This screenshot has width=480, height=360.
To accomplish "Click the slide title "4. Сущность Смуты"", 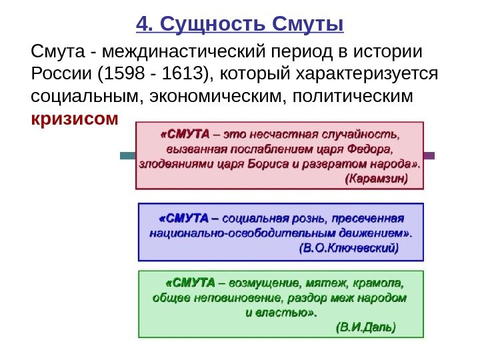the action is [240, 25].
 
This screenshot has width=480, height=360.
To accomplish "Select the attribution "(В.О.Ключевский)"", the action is [349, 249].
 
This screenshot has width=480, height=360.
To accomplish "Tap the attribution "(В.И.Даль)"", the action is [365, 327].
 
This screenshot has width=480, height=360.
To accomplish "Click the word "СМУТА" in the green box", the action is [191, 282].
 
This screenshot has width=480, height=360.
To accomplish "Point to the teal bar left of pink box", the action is [127, 155].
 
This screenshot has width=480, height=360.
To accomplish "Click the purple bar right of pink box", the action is [429, 155].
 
